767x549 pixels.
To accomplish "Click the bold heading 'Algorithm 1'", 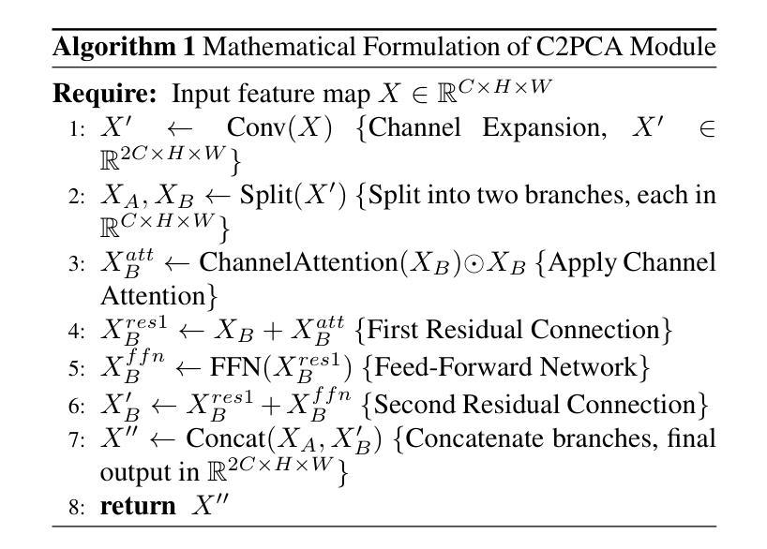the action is point(123,47).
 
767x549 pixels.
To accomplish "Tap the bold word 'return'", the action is point(138,507).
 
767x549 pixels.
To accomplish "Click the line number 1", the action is point(77,129).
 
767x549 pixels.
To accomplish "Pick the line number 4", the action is point(77,332).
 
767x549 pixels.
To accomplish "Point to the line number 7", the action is point(77,440).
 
